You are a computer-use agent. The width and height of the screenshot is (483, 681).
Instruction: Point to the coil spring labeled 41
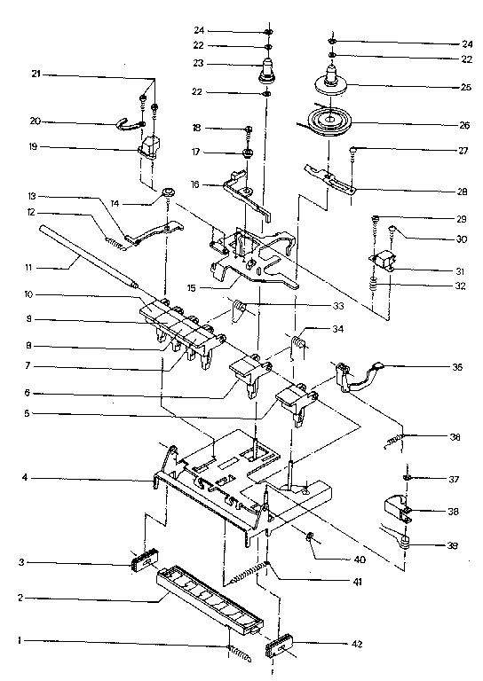(254, 574)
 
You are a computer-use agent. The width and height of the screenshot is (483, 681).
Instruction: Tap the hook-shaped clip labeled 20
(131, 125)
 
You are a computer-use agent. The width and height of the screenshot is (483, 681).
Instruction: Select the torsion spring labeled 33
(239, 310)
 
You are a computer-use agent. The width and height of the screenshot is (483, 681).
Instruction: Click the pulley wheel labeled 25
(330, 89)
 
